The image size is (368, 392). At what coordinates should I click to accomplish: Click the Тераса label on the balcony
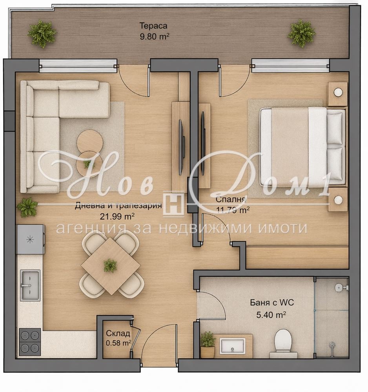(x=153, y=26)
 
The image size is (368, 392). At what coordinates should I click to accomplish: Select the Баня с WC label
(x=272, y=303)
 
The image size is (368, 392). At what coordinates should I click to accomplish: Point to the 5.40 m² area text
(x=271, y=315)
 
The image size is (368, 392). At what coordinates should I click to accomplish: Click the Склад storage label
(x=118, y=333)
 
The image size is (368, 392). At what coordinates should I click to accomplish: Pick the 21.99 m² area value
(x=117, y=216)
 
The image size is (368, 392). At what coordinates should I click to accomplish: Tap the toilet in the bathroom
(x=283, y=343)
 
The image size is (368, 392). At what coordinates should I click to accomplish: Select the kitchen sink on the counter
(x=30, y=285)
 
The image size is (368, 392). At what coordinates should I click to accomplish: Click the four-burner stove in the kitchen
(x=30, y=341)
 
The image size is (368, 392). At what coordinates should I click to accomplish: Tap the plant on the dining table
(x=110, y=265)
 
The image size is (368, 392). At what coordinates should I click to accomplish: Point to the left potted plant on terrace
(x=42, y=34)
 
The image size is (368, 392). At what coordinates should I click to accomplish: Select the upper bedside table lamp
(x=338, y=93)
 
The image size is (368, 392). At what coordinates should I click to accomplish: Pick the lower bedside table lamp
(x=338, y=199)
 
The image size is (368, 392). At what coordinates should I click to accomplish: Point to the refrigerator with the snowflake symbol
(x=31, y=239)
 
